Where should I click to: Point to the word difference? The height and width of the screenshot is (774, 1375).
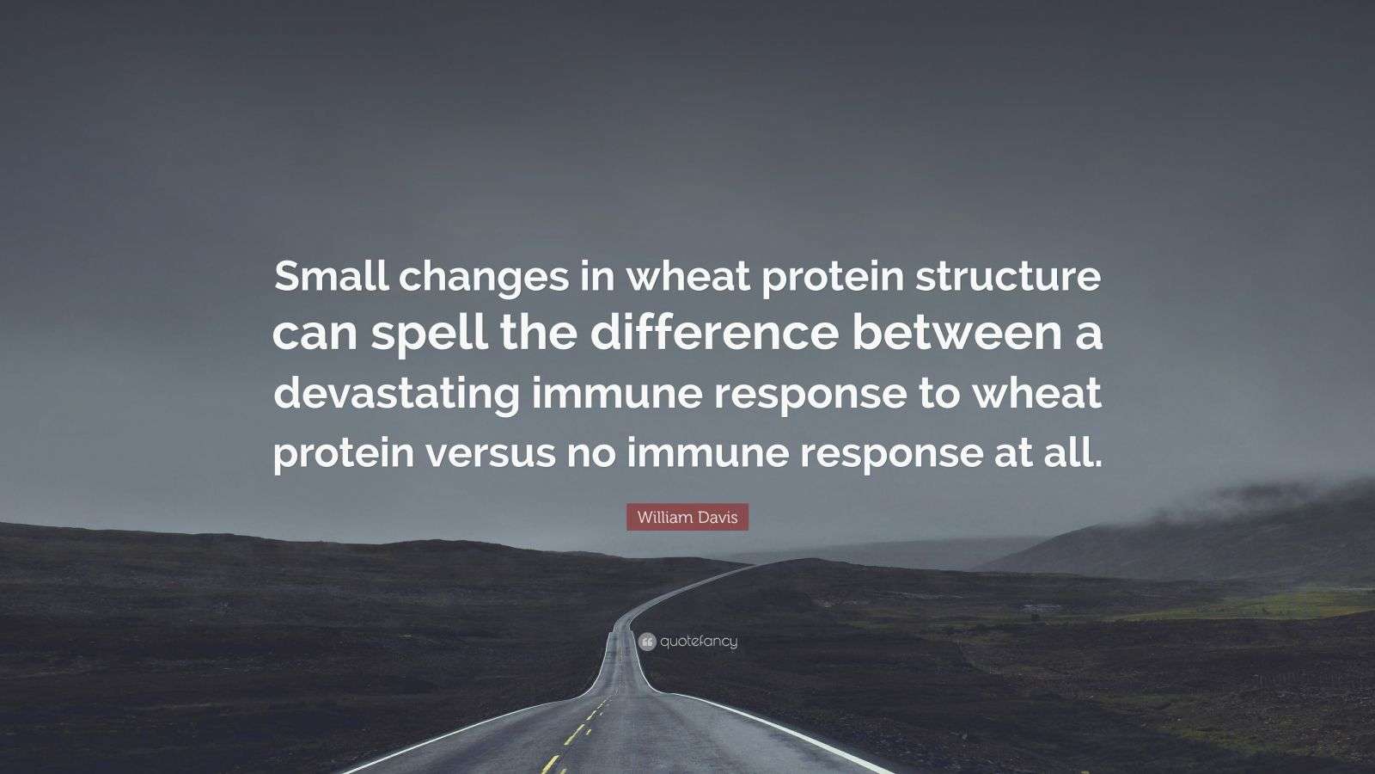click(712, 335)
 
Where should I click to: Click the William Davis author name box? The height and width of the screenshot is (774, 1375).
click(687, 517)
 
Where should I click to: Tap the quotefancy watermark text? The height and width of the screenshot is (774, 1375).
click(699, 642)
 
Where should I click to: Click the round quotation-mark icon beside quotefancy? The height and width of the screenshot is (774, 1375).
click(647, 642)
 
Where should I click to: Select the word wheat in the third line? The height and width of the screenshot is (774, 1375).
click(1045, 393)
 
